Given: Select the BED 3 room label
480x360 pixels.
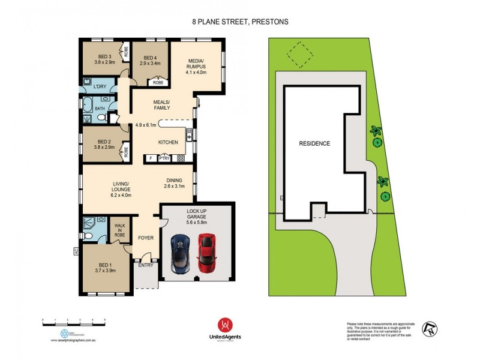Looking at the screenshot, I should (104, 58).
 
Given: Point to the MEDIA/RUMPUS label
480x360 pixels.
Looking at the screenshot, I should (196, 65).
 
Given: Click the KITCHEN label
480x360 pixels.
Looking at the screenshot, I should (167, 142).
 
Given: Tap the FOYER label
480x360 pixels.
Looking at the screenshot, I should (146, 238).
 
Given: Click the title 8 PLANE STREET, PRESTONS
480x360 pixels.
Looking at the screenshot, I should (240, 22).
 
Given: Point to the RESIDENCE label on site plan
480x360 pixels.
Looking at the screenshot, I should (315, 144).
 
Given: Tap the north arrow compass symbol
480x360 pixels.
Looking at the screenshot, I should (430, 328).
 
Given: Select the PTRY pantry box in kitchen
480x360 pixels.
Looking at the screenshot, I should (164, 159).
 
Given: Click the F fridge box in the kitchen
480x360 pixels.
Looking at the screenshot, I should (151, 159).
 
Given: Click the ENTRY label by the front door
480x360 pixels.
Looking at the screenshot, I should (146, 265).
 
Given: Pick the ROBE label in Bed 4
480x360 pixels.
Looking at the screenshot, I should (158, 83).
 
